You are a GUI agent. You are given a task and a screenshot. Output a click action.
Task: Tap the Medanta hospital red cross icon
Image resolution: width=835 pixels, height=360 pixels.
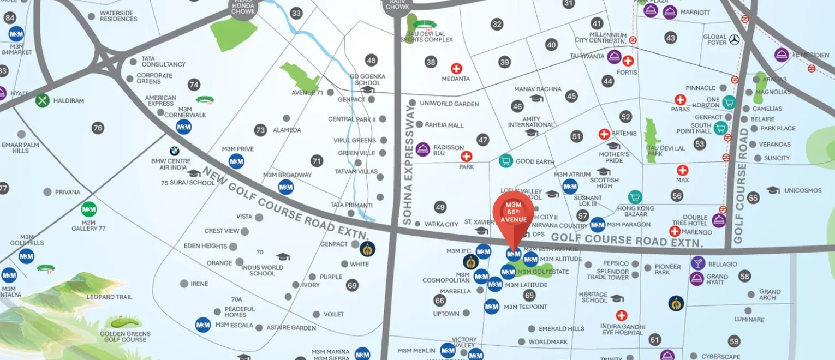pyautogui.click(x=456, y=69)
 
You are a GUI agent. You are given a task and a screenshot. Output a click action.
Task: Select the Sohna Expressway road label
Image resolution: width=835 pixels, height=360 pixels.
pyautogui.click(x=408, y=165)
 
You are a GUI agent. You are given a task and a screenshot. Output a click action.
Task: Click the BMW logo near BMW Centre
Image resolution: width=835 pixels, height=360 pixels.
pyautogui.click(x=174, y=151)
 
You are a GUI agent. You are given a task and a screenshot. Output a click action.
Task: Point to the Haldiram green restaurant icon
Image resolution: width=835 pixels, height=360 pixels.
pyautogui.click(x=43, y=100)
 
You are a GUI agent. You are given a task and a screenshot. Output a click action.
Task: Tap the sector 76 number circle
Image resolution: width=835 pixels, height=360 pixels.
pyautogui.click(x=98, y=128)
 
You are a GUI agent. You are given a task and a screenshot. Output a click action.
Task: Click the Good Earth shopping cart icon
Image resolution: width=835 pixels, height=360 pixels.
pyautogui.click(x=506, y=161)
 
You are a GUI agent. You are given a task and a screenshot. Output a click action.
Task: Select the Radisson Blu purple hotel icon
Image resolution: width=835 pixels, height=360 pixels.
pyautogui.click(x=423, y=149)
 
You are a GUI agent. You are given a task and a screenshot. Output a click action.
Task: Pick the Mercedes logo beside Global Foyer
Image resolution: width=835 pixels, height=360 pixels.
pyautogui.click(x=734, y=39)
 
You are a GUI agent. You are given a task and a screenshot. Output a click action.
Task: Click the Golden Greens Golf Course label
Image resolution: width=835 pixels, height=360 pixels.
pyautogui.click(x=123, y=337)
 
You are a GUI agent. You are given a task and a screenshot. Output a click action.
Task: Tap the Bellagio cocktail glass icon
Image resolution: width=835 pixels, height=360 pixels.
pyautogui.click(x=697, y=263)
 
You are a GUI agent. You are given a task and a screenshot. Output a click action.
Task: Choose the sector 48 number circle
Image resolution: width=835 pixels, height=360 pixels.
pyautogui.click(x=372, y=60)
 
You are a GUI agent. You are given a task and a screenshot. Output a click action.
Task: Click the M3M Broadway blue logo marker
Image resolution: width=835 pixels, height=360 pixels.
pyautogui.click(x=286, y=187)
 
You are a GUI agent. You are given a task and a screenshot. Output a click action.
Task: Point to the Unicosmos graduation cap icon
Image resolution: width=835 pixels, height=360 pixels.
pyautogui.click(x=773, y=190)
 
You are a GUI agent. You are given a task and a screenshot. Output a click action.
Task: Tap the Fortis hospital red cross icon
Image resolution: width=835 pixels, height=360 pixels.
pyautogui.click(x=628, y=61)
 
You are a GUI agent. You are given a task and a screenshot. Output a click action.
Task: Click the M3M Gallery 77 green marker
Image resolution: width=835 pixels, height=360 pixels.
pyautogui.click(x=89, y=209)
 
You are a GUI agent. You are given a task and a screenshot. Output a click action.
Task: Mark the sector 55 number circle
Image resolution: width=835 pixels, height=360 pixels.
pyautogui.click(x=754, y=198)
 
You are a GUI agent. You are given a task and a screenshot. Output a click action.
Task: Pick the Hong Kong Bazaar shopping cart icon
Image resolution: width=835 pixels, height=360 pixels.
pyautogui.click(x=634, y=197)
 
